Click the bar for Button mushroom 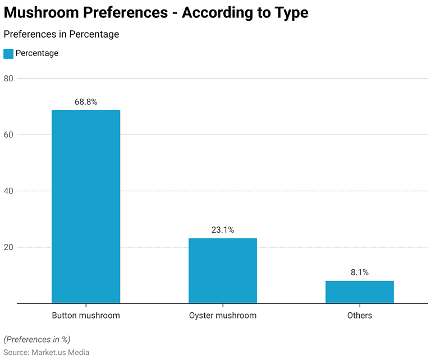tap(86, 206)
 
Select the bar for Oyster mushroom tap(223, 271)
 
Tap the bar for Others tap(360, 292)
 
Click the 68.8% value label tap(86, 102)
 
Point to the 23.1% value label tap(223, 230)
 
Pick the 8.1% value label tap(360, 273)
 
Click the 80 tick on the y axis tap(8, 79)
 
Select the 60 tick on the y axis tap(8, 135)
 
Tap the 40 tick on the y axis tap(8, 191)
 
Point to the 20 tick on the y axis tap(8, 247)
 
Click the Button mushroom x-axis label tap(86, 316)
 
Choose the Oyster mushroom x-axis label tap(223, 316)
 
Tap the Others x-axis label tap(360, 316)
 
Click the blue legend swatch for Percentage tap(8, 53)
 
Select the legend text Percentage tap(37, 53)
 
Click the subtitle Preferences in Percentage tap(61, 34)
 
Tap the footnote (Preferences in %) tap(37, 339)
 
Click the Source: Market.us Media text tap(47, 352)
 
